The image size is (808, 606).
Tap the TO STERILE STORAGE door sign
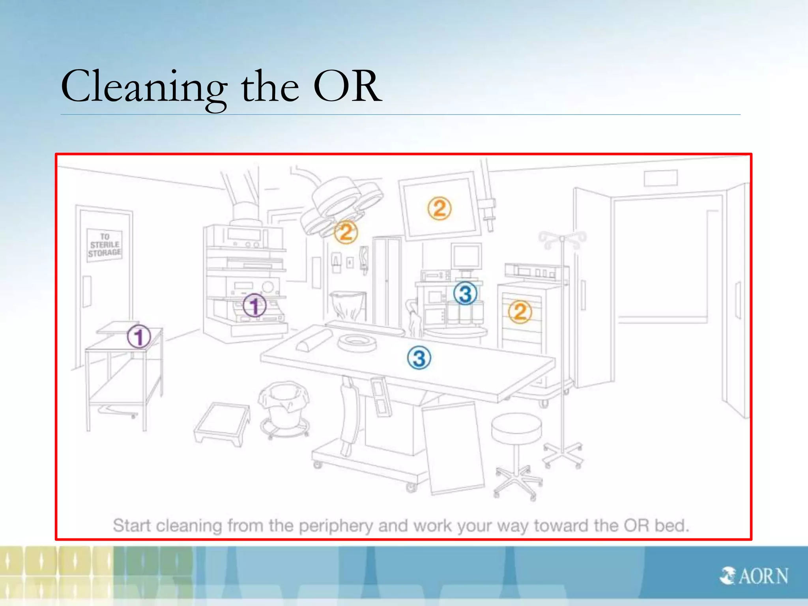pos(105,245)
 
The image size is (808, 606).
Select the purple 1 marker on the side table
pos(139,337)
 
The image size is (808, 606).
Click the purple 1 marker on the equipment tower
pos(254,306)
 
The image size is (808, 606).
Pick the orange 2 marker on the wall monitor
pos(439,208)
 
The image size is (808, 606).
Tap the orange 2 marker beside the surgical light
pos(346,232)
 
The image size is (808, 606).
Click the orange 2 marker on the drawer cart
pos(520,312)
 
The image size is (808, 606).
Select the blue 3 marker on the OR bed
pos(419,358)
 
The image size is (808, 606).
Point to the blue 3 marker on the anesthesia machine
pos(465,294)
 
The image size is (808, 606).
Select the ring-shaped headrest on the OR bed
pos(357,342)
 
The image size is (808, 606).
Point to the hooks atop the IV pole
pos(562,239)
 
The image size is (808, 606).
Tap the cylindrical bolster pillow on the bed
pos(314,340)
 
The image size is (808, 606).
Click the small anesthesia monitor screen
pos(466,256)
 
